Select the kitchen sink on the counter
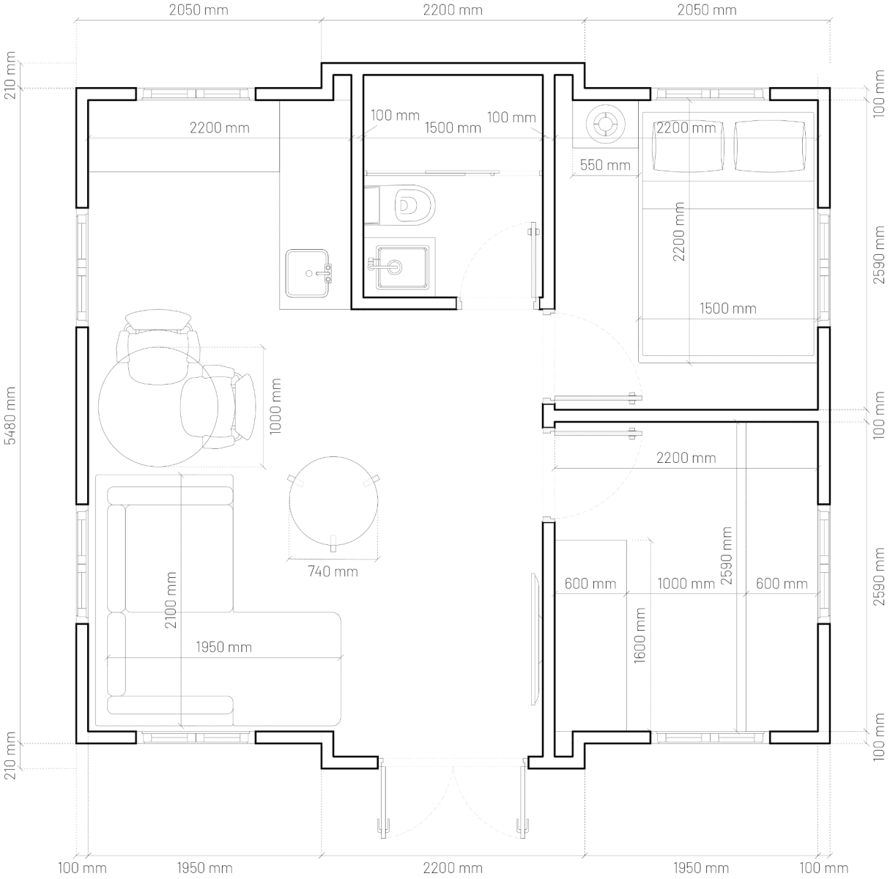(308, 272)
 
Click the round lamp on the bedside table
(606, 123)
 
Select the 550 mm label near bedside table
(604, 166)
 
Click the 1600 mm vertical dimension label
(639, 635)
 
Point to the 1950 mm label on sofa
(223, 648)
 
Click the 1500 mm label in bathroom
(453, 127)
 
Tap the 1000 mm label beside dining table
(275, 407)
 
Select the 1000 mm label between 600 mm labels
(686, 584)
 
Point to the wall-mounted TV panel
(535, 639)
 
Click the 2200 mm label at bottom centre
(453, 869)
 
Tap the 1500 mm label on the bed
(727, 308)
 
